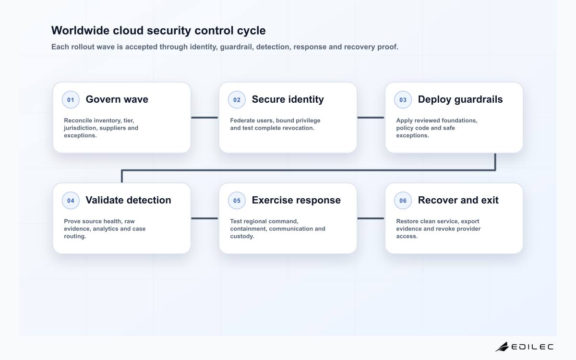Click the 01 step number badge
[x=71, y=99]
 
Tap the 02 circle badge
[x=237, y=99]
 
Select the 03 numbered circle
[x=403, y=99]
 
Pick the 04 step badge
[x=71, y=200]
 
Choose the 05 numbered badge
[x=237, y=200]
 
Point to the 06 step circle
[x=403, y=200]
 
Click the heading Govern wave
[x=117, y=99]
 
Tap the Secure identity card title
[x=288, y=99]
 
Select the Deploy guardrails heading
[x=460, y=99]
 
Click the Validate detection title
[x=128, y=200]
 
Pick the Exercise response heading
[x=296, y=200]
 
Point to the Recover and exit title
[x=458, y=200]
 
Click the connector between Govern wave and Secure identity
[x=204, y=118]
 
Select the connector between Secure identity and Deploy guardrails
[x=371, y=118]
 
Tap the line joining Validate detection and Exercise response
[x=204, y=218]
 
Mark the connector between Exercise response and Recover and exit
[x=371, y=218]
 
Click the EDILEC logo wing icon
[x=502, y=347]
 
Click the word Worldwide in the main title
[x=80, y=30]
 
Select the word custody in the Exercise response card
[x=242, y=236]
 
